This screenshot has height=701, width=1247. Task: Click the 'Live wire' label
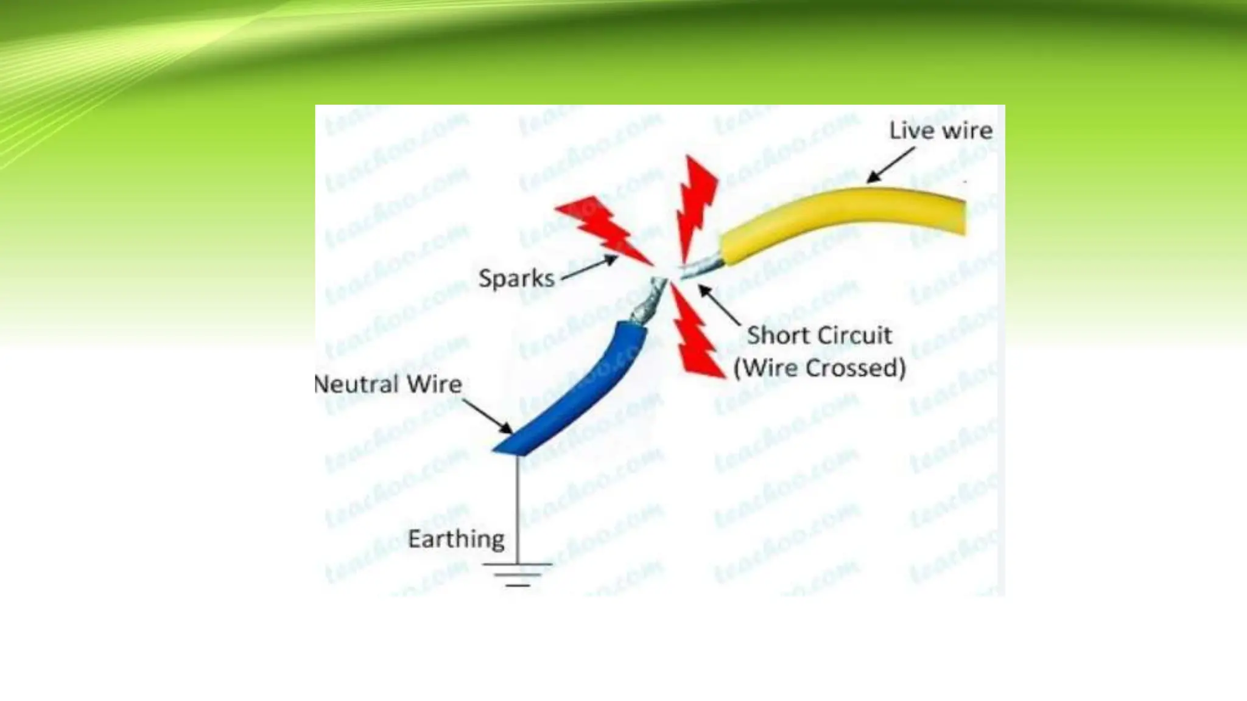coord(940,131)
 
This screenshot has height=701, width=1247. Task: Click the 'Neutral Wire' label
coord(388,384)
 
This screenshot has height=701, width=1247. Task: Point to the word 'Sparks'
coord(516,279)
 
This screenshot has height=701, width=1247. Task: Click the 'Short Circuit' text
coord(819,335)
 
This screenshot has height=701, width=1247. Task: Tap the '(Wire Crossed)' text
coord(820,368)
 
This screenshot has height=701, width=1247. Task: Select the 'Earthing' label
coord(456,539)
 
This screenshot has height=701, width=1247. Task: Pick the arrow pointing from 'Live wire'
coord(890,165)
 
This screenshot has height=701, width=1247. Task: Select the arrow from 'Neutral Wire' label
coord(488,416)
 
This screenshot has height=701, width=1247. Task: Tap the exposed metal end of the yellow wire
coord(703,267)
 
